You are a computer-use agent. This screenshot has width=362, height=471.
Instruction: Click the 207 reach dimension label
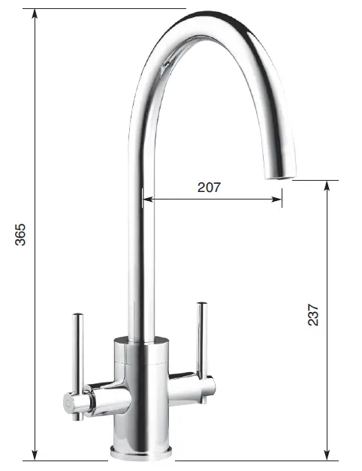tap(209, 187)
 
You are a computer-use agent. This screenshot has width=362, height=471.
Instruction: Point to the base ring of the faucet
tap(142, 451)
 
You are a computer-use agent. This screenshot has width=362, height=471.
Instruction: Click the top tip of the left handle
tap(77, 315)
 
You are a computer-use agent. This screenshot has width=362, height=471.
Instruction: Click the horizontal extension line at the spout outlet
tap(315, 180)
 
